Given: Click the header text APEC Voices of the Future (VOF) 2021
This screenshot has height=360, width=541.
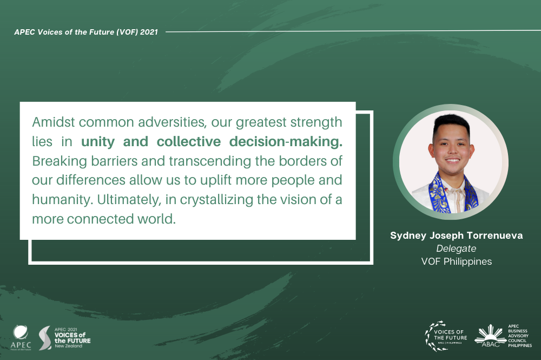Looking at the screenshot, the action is point(86,32).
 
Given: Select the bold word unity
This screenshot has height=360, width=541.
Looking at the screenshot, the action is point(98,142).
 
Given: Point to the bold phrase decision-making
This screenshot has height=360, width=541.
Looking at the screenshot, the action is point(286,142).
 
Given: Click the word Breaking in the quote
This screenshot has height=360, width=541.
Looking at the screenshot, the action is point(60,161).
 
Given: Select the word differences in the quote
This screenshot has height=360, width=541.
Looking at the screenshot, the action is point(91,180).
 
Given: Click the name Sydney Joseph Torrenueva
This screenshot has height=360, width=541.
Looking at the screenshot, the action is point(457,235).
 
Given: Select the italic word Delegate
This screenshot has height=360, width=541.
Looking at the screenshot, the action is point(456,248).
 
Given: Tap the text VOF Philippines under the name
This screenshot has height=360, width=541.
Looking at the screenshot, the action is point(457,261).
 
